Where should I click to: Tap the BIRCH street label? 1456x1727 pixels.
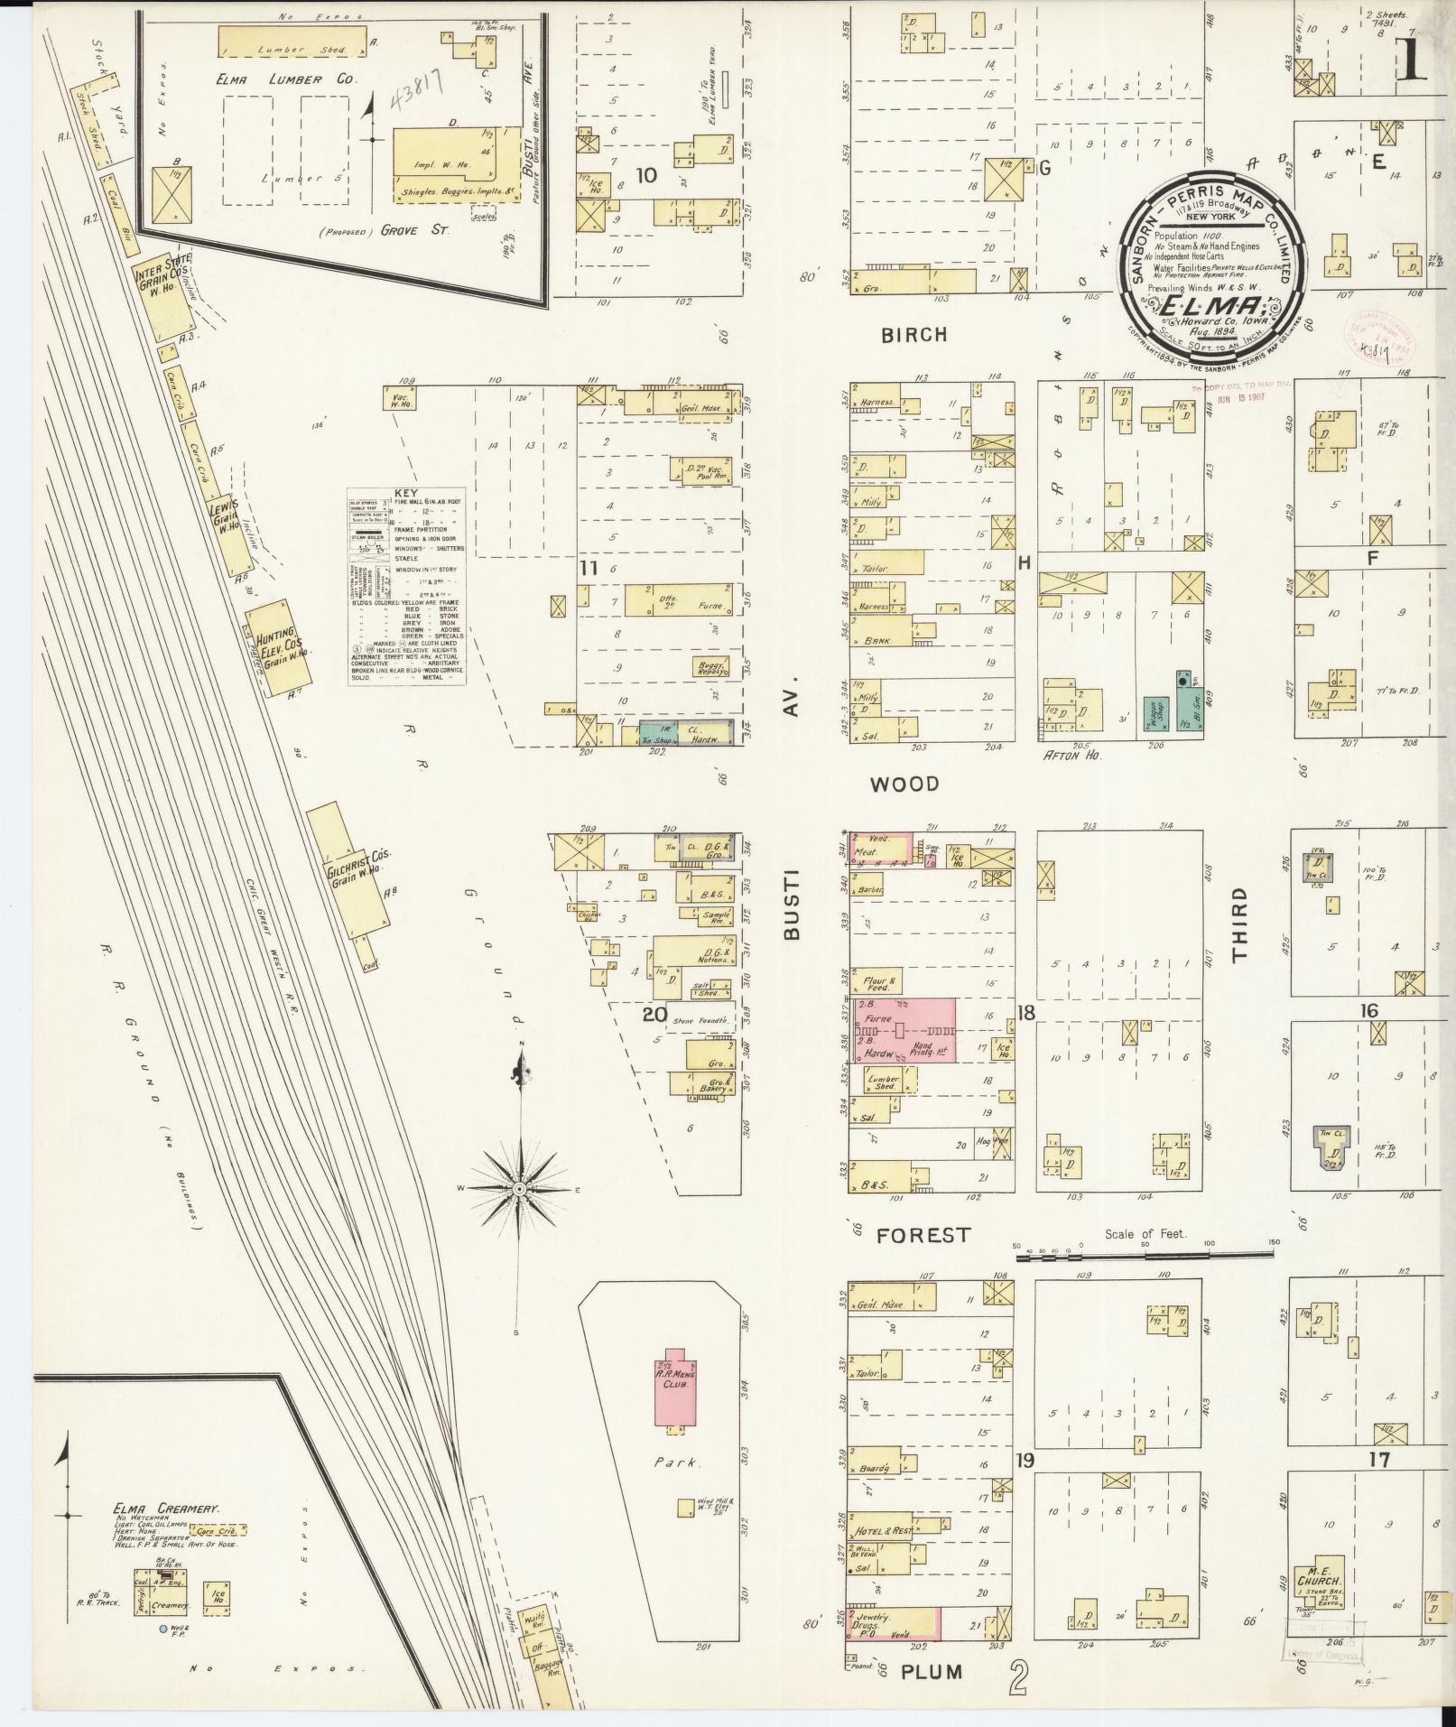click(914, 335)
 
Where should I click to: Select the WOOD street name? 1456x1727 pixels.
click(904, 785)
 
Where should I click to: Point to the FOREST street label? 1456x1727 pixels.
click(923, 1234)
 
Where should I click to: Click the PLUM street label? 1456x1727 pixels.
click(932, 1672)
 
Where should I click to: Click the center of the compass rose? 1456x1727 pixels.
click(519, 1190)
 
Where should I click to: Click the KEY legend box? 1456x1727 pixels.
click(406, 587)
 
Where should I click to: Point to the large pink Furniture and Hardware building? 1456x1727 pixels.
click(903, 1030)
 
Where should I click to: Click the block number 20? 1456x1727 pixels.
click(654, 1015)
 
